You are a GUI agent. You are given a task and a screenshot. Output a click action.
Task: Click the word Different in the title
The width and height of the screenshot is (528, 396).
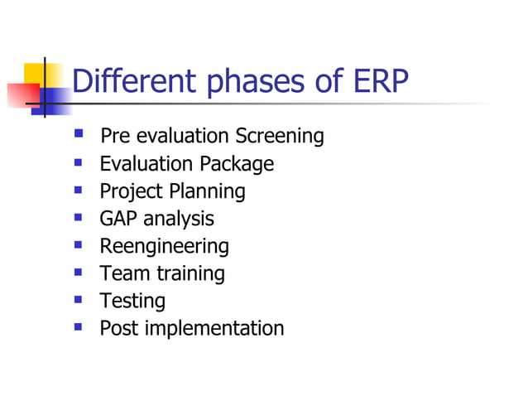coord(132,82)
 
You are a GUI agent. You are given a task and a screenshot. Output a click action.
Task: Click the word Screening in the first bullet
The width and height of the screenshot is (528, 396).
coord(279,137)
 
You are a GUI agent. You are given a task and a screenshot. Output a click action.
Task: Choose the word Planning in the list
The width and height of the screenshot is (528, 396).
coord(207,191)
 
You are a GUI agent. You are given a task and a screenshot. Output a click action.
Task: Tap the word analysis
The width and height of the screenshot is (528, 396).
coord(178,219)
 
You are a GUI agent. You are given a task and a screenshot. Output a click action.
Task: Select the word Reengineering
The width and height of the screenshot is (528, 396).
coord(164,247)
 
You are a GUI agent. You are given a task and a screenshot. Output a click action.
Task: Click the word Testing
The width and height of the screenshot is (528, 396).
coord(132,301)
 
